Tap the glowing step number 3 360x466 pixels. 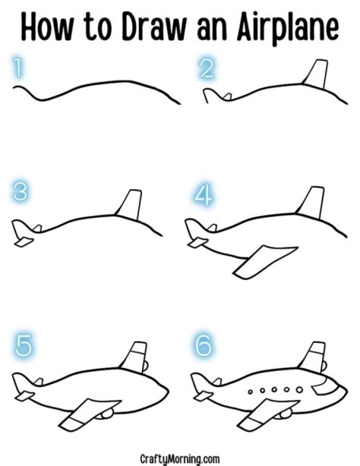click(x=20, y=192)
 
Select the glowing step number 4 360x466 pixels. click(x=202, y=195)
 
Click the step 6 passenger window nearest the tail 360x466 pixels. click(x=250, y=390)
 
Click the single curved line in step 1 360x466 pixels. click(x=100, y=85)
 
